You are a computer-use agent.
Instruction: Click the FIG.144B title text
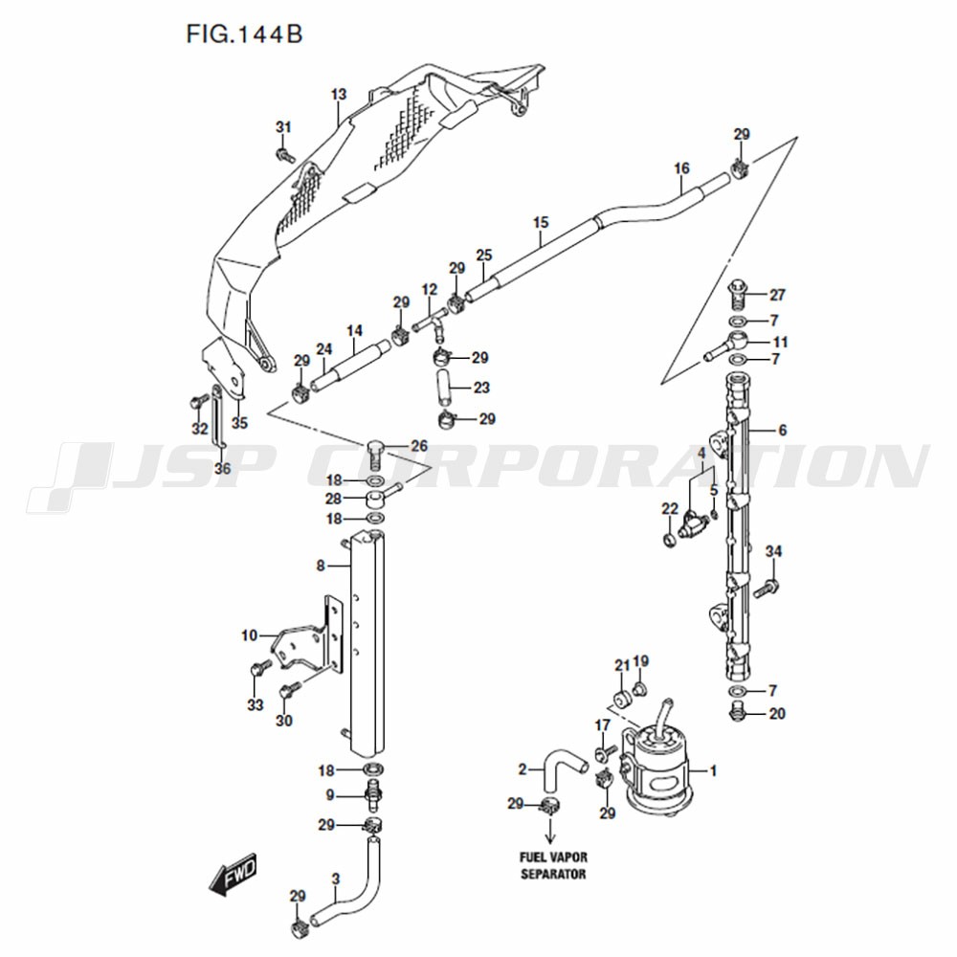click(x=244, y=34)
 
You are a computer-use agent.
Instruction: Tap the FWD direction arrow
click(x=234, y=874)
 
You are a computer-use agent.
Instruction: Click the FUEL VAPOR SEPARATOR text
click(x=553, y=865)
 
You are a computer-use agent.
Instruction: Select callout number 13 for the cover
click(x=339, y=94)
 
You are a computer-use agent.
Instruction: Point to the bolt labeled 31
click(x=285, y=154)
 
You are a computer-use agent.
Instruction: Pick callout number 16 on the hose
click(x=681, y=167)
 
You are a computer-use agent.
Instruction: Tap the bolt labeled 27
click(x=738, y=295)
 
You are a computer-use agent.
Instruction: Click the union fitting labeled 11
click(x=727, y=346)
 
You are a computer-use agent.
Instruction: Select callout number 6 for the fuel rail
click(x=783, y=431)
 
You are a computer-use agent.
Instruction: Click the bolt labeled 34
click(x=766, y=589)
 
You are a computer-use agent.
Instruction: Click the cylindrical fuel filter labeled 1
click(x=657, y=771)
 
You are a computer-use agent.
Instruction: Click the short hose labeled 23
click(x=443, y=388)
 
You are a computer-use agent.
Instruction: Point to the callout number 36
click(x=223, y=468)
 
